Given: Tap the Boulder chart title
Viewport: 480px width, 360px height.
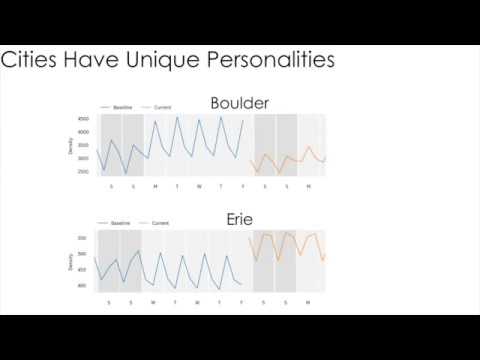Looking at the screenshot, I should click(x=240, y=103).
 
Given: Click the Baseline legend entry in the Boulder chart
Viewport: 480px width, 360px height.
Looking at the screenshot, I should click(x=122, y=106).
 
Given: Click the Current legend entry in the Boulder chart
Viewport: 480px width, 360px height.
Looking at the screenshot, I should click(x=162, y=106).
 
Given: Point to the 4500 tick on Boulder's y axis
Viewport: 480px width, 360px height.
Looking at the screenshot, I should click(x=84, y=119).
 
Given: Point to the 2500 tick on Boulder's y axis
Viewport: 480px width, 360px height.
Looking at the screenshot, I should click(x=84, y=171).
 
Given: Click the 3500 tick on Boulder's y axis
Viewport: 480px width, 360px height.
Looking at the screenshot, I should click(x=84, y=145).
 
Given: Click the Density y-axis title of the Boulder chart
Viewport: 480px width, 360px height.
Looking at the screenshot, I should click(x=71, y=146).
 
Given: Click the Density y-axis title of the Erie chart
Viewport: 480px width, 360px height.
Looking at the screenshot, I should click(x=71, y=262).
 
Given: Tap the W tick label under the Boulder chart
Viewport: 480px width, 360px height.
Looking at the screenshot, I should click(x=199, y=186).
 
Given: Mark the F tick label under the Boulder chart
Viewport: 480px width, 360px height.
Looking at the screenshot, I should click(x=243, y=186).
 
